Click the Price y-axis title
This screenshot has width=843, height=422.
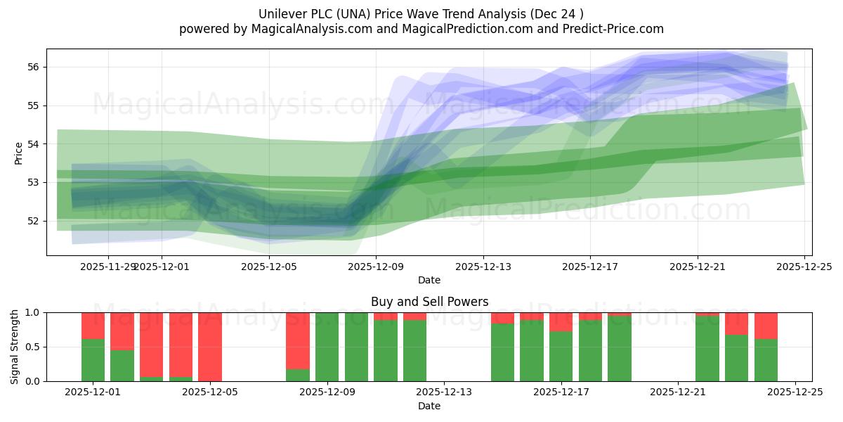pyautogui.click(x=19, y=153)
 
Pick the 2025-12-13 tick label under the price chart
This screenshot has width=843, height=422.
pyautogui.click(x=483, y=267)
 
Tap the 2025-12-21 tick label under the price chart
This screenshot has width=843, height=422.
pyautogui.click(x=697, y=267)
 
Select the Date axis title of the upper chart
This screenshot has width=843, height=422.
pyautogui.click(x=429, y=280)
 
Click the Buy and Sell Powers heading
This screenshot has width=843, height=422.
pyautogui.click(x=429, y=302)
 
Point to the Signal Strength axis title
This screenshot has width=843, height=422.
pyautogui.click(x=15, y=347)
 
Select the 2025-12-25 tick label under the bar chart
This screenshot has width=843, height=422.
pyautogui.click(x=795, y=392)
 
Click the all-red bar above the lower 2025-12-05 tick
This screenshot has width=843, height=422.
pyautogui.click(x=210, y=347)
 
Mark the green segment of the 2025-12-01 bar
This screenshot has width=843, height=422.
pyautogui.click(x=93, y=360)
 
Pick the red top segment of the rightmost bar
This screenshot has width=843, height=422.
pyautogui.click(x=766, y=326)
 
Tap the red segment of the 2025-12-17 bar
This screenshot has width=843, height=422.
pyautogui.click(x=561, y=321)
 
